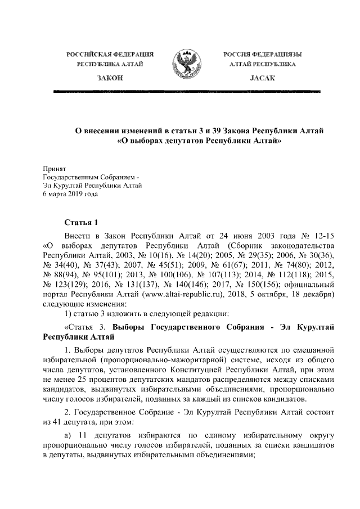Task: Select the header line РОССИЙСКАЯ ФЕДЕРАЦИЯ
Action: tap(110, 54)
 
